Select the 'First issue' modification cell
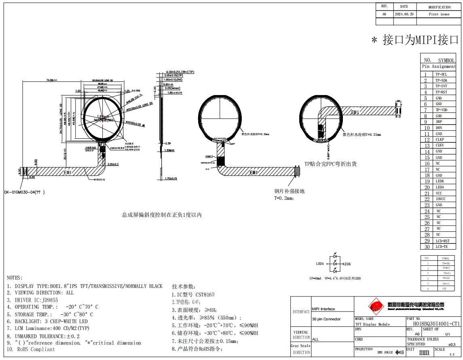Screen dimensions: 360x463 coord(439,14)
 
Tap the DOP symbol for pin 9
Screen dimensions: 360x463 coord(439,122)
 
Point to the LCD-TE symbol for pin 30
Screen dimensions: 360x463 coord(442,247)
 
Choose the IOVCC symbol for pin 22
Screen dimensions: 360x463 coord(440,199)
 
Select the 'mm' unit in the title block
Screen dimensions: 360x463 coord(424,352)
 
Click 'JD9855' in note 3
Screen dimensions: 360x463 coord(50,300)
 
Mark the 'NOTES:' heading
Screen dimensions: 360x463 coord(15,278)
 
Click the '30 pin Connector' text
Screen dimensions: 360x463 coord(326,319)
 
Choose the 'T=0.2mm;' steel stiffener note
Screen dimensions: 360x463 coord(284,198)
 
